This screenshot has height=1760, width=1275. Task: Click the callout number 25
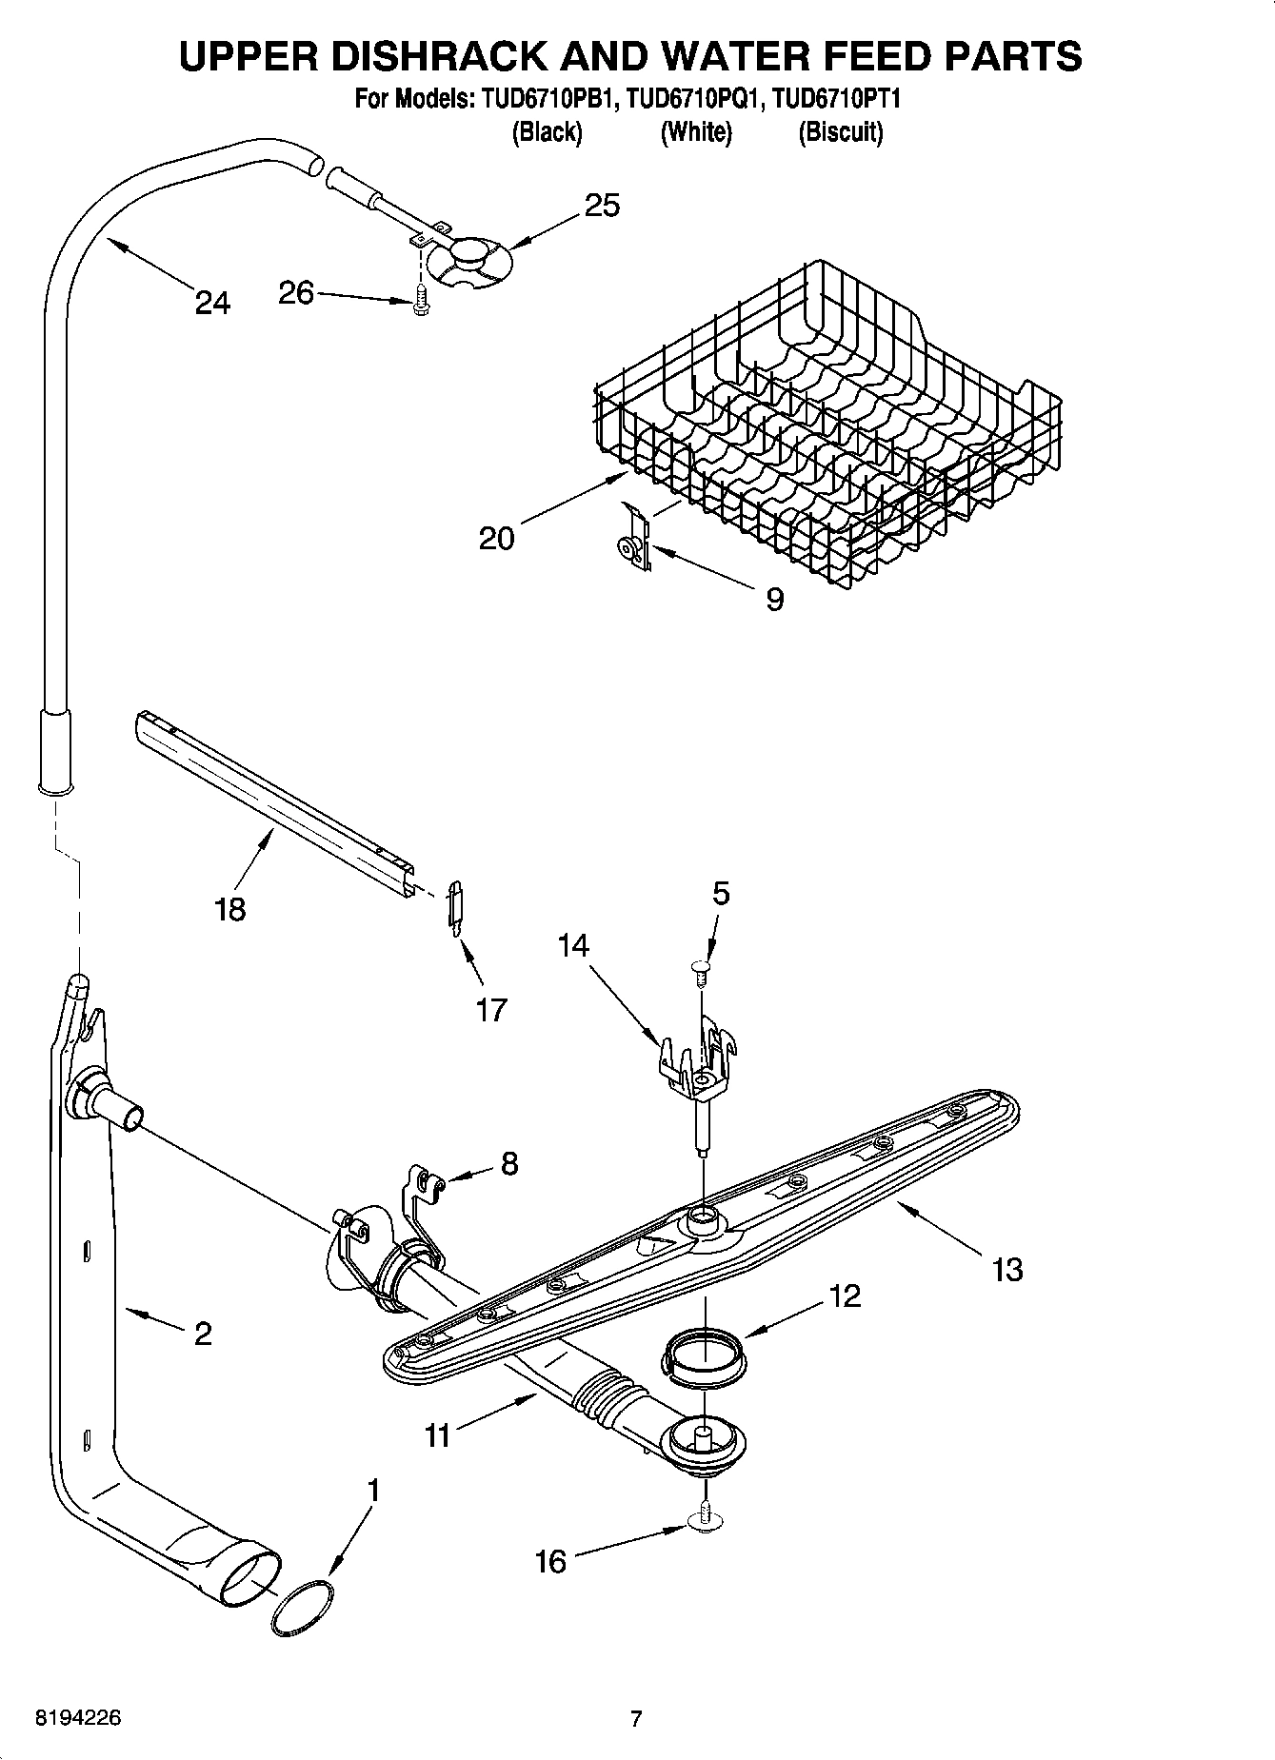602,206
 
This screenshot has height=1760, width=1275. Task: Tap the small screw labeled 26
419,302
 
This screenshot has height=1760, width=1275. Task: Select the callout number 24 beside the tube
212,303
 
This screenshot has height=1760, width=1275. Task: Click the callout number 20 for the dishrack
497,539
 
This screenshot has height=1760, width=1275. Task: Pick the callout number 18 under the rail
230,908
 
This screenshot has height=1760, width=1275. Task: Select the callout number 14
573,945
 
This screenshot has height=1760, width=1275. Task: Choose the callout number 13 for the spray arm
1006,1269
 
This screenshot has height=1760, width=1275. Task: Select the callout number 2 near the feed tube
202,1334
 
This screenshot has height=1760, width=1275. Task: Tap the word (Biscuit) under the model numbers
840,132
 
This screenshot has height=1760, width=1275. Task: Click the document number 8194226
78,1718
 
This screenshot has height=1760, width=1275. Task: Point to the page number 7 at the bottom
636,1718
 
